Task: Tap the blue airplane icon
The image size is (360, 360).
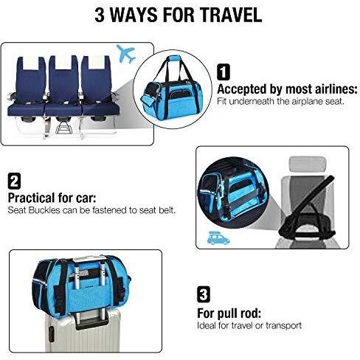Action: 125,54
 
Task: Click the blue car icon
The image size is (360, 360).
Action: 218,238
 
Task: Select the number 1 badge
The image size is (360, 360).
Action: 224,72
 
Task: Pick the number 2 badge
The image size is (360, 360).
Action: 14,181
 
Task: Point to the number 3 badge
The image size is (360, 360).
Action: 204,294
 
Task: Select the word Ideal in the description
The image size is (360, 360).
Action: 207,325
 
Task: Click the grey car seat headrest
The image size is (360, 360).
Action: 308,162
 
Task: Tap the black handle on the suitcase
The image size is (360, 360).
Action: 91,320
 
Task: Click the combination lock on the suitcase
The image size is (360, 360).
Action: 52,333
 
